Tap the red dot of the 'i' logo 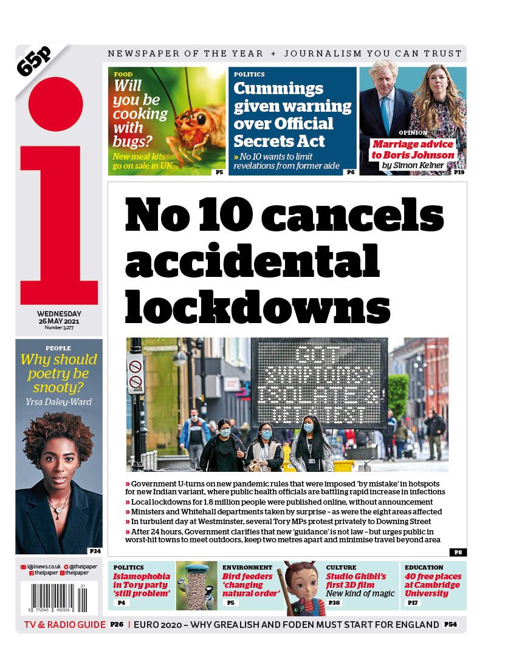[55, 104]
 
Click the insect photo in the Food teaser [194, 115]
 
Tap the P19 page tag [459, 172]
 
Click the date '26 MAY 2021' [58, 321]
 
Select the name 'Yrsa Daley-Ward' [58, 401]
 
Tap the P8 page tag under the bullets [458, 552]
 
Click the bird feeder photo [196, 585]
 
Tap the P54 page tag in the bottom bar [450, 624]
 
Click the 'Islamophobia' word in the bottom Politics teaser [142, 576]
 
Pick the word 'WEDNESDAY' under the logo [58, 313]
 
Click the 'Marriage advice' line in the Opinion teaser [413, 145]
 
